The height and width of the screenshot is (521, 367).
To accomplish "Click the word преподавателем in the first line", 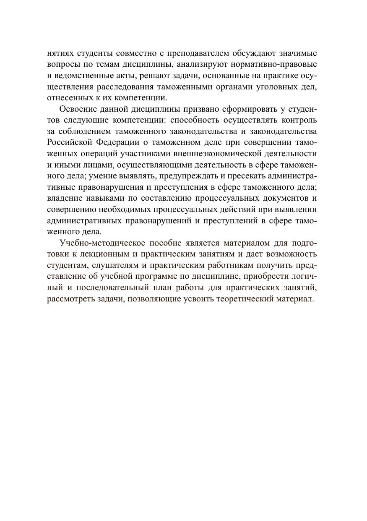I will [198, 53].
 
